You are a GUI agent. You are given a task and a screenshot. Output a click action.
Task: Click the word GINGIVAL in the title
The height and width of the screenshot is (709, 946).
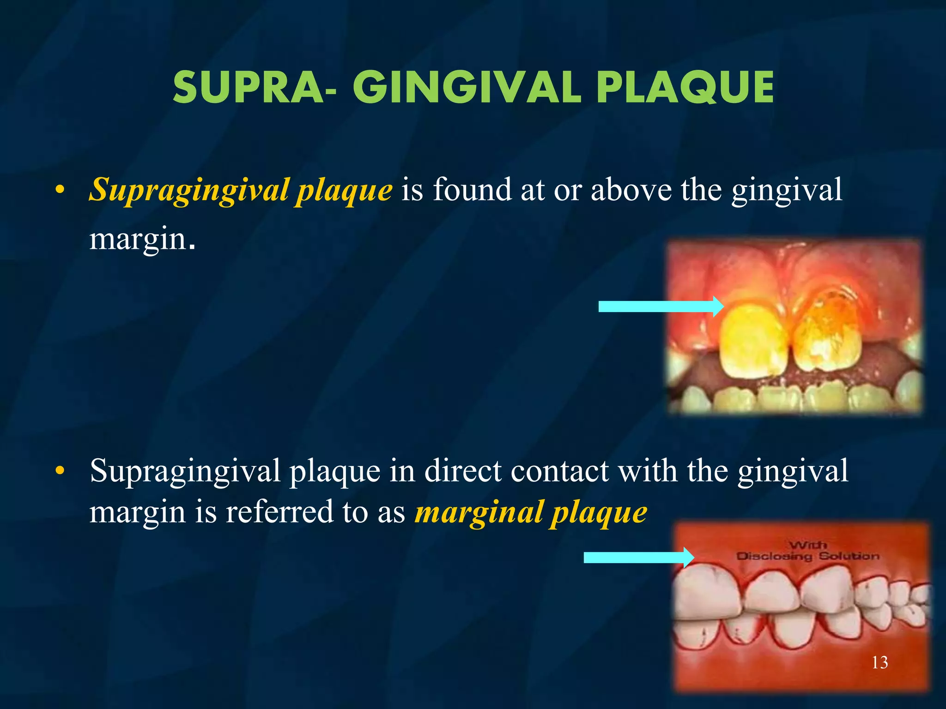click(x=467, y=88)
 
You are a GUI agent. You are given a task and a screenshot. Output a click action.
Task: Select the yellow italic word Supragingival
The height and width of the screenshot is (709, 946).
click(x=189, y=190)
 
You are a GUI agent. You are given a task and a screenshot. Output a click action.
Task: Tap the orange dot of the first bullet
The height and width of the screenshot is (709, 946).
click(x=59, y=190)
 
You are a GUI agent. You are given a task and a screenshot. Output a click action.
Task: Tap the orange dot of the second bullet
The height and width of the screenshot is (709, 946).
click(x=59, y=471)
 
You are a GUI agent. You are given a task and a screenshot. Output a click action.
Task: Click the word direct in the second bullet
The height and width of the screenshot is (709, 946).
click(x=462, y=471)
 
